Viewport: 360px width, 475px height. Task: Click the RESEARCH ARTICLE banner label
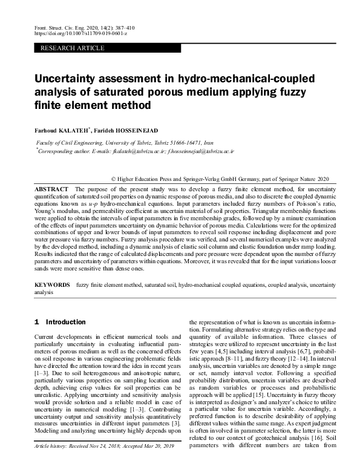[x=66, y=47]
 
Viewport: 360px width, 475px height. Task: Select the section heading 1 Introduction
[x=60, y=322]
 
